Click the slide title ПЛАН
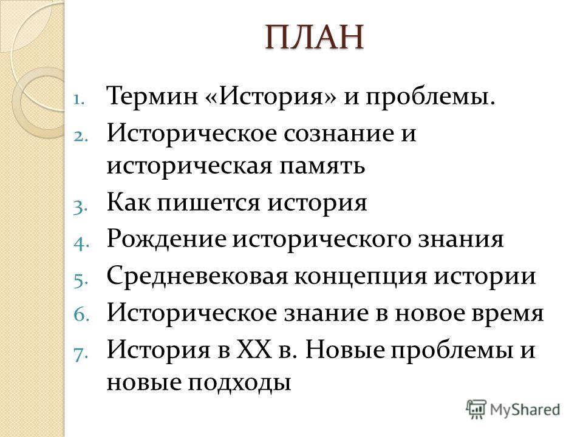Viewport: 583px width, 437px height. click(315, 37)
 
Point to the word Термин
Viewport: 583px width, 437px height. click(152, 97)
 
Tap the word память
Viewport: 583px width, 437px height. click(322, 166)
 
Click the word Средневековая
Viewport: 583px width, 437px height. click(197, 277)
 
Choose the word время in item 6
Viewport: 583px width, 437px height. click(508, 314)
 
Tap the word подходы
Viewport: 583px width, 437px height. click(239, 384)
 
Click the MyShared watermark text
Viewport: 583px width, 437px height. click(525, 410)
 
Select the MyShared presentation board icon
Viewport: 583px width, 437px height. click(476, 410)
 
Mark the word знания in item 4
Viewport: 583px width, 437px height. click(461, 240)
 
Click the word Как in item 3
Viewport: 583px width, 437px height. click(129, 203)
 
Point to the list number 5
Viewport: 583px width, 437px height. click(81, 280)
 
